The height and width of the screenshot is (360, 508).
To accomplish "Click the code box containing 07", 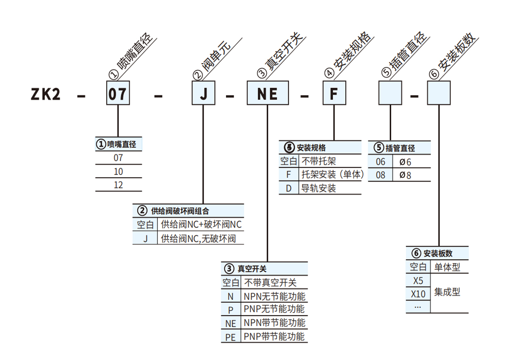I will pyautogui.click(x=117, y=93).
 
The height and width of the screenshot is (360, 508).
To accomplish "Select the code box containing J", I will pyautogui.click(x=204, y=93).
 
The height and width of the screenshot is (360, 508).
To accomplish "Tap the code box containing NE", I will pyautogui.click(x=268, y=93).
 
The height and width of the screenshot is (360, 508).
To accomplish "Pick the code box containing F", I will pyautogui.click(x=334, y=93).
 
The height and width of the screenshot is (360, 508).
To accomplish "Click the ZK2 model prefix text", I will pyautogui.click(x=46, y=94).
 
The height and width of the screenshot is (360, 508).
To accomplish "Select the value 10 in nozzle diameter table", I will pyautogui.click(x=119, y=172).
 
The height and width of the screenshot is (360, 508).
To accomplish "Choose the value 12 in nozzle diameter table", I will pyautogui.click(x=119, y=185).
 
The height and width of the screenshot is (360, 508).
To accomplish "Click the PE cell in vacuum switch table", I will pyautogui.click(x=231, y=337).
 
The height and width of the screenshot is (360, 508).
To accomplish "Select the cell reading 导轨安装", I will pyautogui.click(x=318, y=188).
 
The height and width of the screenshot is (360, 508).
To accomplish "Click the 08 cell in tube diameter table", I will pyautogui.click(x=381, y=175).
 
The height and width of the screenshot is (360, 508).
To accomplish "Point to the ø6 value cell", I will pyautogui.click(x=406, y=162).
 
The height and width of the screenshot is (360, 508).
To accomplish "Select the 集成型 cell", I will pyautogui.click(x=447, y=292).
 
